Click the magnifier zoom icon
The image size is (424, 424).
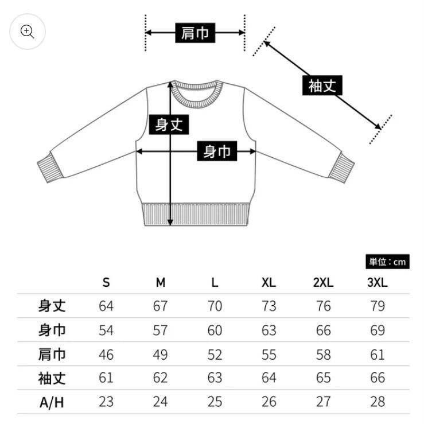(x=28, y=32)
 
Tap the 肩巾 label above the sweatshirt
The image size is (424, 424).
(x=195, y=33)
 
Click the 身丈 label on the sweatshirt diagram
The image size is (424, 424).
(x=169, y=125)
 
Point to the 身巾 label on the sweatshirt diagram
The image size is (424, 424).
(x=217, y=151)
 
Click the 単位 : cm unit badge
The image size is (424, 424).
(x=387, y=262)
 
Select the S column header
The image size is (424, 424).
(x=106, y=282)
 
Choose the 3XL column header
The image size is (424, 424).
(x=377, y=282)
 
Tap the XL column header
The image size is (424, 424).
(x=269, y=282)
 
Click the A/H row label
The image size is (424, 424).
(x=52, y=402)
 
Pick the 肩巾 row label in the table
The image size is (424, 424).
(x=52, y=354)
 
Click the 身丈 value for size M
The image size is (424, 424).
(x=161, y=306)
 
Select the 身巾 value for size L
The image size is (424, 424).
(x=215, y=330)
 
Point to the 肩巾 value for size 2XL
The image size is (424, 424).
(x=323, y=354)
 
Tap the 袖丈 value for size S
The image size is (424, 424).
(x=106, y=378)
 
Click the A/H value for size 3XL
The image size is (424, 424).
(x=377, y=402)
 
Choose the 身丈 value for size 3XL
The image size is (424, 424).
(x=377, y=306)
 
